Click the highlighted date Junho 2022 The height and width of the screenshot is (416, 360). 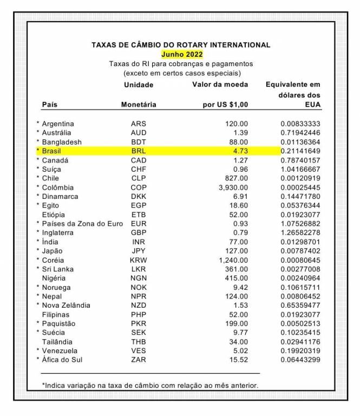pyautogui.click(x=182, y=54)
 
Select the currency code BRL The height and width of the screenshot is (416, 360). pyautogui.click(x=139, y=151)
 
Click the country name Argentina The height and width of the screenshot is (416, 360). pyautogui.click(x=58, y=123)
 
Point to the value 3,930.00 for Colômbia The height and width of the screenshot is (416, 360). pyautogui.click(x=231, y=187)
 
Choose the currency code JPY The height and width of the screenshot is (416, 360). pyautogui.click(x=139, y=251)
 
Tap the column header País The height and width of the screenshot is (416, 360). pyautogui.click(x=50, y=105)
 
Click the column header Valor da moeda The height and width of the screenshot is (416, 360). pyautogui.click(x=220, y=84)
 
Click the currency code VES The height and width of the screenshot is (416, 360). pyautogui.click(x=139, y=350)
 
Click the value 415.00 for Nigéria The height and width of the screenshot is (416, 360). pyautogui.click(x=236, y=278)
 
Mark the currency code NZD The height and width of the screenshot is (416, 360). pyautogui.click(x=139, y=305)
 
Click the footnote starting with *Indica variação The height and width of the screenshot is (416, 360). pyautogui.click(x=150, y=385)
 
